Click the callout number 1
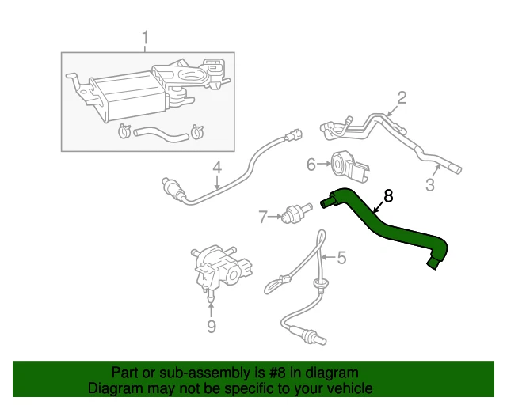(146, 36)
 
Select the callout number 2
(402, 98)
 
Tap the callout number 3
(431, 186)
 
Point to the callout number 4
(216, 168)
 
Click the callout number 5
(341, 257)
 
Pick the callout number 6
(312, 165)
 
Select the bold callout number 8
(388, 195)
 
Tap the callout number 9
(211, 325)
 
